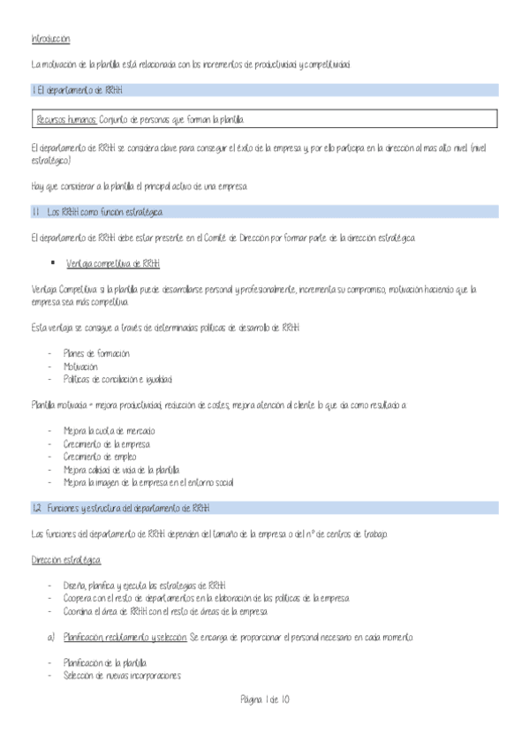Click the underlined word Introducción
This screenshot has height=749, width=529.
click(x=50, y=40)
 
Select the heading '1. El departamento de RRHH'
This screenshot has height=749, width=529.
click(x=78, y=90)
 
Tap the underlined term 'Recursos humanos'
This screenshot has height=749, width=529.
click(x=67, y=119)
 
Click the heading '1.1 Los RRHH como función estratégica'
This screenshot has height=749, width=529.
click(x=96, y=213)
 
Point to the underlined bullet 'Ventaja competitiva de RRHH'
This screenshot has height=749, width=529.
click(x=113, y=263)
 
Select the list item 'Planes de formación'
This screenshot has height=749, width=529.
click(x=96, y=353)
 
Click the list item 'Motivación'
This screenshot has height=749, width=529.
click(x=80, y=366)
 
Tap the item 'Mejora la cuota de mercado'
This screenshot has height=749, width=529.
click(x=109, y=430)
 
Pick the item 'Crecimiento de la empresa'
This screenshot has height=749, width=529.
click(x=107, y=443)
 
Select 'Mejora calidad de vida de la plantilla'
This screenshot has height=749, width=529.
click(x=121, y=470)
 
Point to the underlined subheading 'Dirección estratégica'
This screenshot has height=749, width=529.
click(x=66, y=560)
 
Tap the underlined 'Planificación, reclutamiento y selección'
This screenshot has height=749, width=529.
click(x=125, y=637)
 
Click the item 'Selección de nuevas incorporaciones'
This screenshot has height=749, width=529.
click(x=122, y=676)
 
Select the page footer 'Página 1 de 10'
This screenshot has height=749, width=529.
click(x=264, y=700)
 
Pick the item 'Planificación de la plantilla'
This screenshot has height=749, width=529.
click(x=105, y=662)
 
